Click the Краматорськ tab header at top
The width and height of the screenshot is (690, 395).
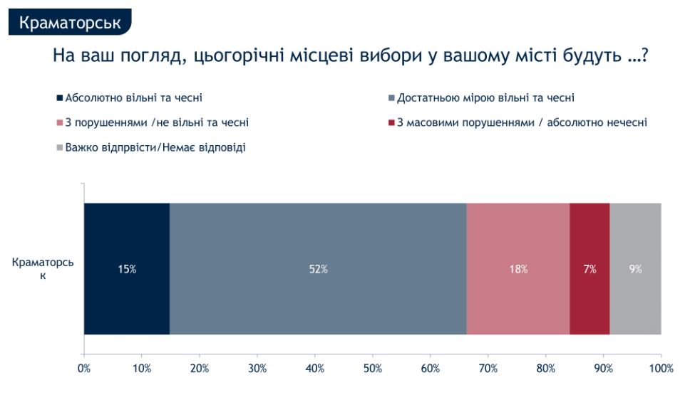[70, 22]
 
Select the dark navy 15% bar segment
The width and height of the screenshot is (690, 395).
[127, 269]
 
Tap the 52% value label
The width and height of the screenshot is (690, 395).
[318, 269]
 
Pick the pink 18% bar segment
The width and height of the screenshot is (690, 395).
[518, 269]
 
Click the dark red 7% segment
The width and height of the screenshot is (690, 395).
[589, 269]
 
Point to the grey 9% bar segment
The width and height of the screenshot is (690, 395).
[635, 269]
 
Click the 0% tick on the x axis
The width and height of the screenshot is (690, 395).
[84, 368]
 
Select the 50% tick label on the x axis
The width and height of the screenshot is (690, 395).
[373, 368]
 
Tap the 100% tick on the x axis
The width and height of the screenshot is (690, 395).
[661, 368]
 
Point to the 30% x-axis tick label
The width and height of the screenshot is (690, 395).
[257, 368]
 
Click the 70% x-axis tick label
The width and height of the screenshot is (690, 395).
[488, 368]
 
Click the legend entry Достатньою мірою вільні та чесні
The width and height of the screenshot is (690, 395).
[485, 98]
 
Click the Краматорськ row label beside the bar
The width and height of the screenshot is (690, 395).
[42, 268]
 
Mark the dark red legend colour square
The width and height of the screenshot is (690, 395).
[391, 122]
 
